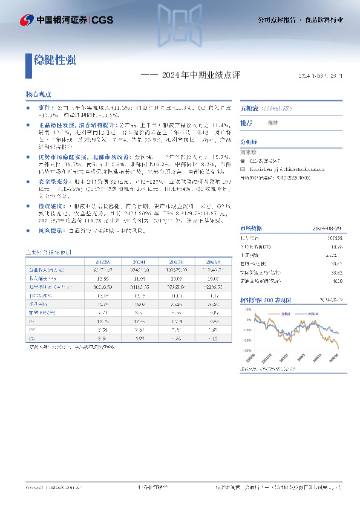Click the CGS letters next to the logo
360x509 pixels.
(100, 19)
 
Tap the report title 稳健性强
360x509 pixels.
(54, 60)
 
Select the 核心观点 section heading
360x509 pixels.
(38, 96)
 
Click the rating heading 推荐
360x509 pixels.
(246, 123)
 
